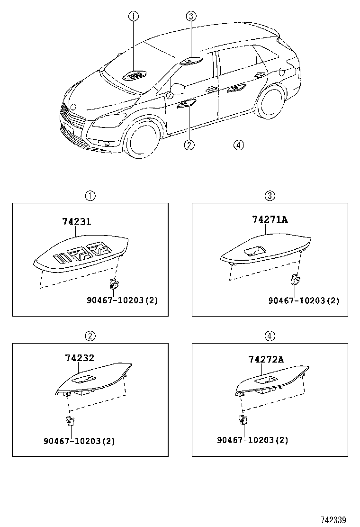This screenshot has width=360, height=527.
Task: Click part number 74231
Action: (x=76, y=221)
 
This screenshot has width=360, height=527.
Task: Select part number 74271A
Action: (x=270, y=219)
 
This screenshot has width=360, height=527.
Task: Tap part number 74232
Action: (x=80, y=359)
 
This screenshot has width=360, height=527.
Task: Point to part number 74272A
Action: (x=266, y=359)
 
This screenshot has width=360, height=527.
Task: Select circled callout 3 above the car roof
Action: (x=190, y=17)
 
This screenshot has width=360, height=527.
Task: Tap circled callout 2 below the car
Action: (x=189, y=145)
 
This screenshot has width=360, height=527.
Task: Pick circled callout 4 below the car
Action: (x=239, y=145)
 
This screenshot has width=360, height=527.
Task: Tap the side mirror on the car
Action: (x=177, y=89)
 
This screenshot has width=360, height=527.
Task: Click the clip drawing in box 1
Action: (x=114, y=284)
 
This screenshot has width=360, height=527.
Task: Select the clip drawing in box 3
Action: (x=295, y=280)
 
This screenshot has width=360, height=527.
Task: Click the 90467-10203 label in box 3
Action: (x=304, y=300)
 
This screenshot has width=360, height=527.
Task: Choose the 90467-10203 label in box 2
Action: (x=79, y=441)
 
